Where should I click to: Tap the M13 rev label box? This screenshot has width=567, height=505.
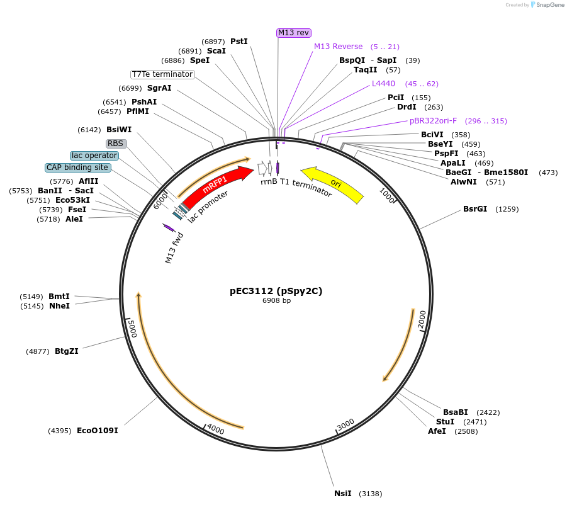294,33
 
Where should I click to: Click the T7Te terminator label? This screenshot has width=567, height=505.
162,74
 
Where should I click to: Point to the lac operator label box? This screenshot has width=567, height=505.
94,156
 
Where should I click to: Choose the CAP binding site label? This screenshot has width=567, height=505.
78,167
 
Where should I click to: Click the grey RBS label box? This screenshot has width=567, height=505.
116,144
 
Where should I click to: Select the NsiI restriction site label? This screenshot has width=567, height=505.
343,494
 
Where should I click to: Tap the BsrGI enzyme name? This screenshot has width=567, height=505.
475,208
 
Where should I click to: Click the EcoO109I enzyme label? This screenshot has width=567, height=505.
98,431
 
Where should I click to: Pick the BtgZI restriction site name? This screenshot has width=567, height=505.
67,351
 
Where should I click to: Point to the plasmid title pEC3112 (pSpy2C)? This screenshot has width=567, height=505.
276,291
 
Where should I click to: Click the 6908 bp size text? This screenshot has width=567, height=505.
277,300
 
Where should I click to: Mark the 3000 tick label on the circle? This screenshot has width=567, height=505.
345,425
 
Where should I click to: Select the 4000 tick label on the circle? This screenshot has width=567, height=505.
215,429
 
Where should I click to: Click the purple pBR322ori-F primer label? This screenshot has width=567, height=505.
433,121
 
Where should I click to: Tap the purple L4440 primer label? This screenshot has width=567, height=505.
383,84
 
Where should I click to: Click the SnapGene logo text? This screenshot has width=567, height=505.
549,4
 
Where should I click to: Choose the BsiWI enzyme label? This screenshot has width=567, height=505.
119,130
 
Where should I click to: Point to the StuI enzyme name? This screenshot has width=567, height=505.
445,422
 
